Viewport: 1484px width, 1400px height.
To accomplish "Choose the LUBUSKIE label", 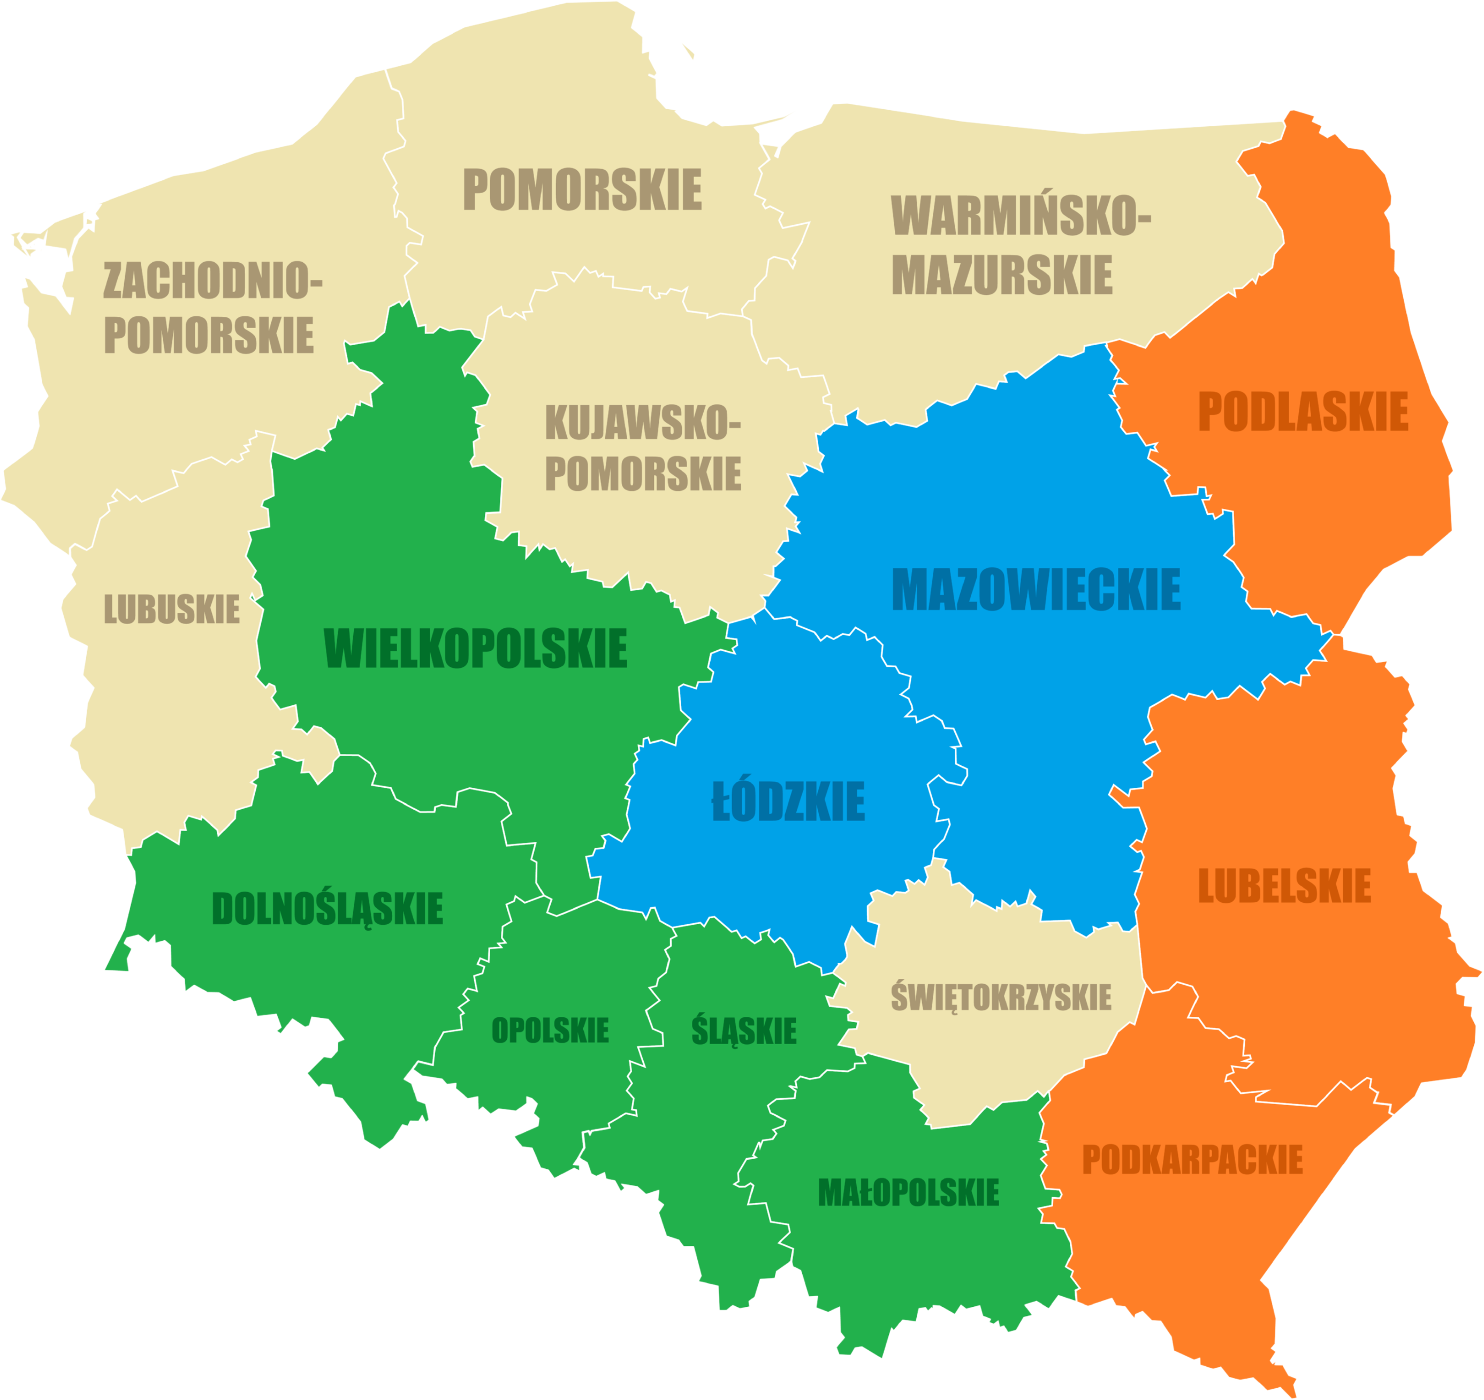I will [x=172, y=609].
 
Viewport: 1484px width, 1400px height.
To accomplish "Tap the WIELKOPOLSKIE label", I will [x=476, y=649].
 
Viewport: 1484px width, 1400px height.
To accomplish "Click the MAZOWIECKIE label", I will [x=1036, y=590].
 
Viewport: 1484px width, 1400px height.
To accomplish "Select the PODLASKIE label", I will [x=1303, y=412].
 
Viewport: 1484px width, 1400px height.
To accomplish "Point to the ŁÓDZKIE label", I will [x=788, y=801].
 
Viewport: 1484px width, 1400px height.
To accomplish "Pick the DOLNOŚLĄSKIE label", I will [x=328, y=909].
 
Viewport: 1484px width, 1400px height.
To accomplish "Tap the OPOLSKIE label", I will [x=550, y=1030].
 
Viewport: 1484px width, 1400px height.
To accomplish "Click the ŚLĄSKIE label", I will [x=744, y=1030].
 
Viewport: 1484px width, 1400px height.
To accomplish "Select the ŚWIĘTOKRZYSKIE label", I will [x=1001, y=998].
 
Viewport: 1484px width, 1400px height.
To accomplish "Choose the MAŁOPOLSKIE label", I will [x=909, y=1192].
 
